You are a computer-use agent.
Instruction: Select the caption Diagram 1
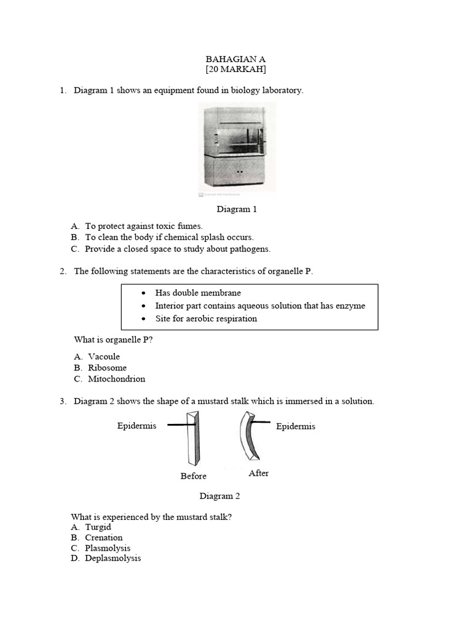point(237,209)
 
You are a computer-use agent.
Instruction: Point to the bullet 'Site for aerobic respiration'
point(206,318)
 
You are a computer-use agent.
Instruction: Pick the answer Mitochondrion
point(116,379)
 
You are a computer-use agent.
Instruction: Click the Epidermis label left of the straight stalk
point(136,426)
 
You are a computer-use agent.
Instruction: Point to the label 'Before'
point(193,476)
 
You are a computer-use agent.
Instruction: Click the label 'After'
point(259,473)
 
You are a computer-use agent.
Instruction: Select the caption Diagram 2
point(216,496)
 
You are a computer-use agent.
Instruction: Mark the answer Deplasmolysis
point(112,558)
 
